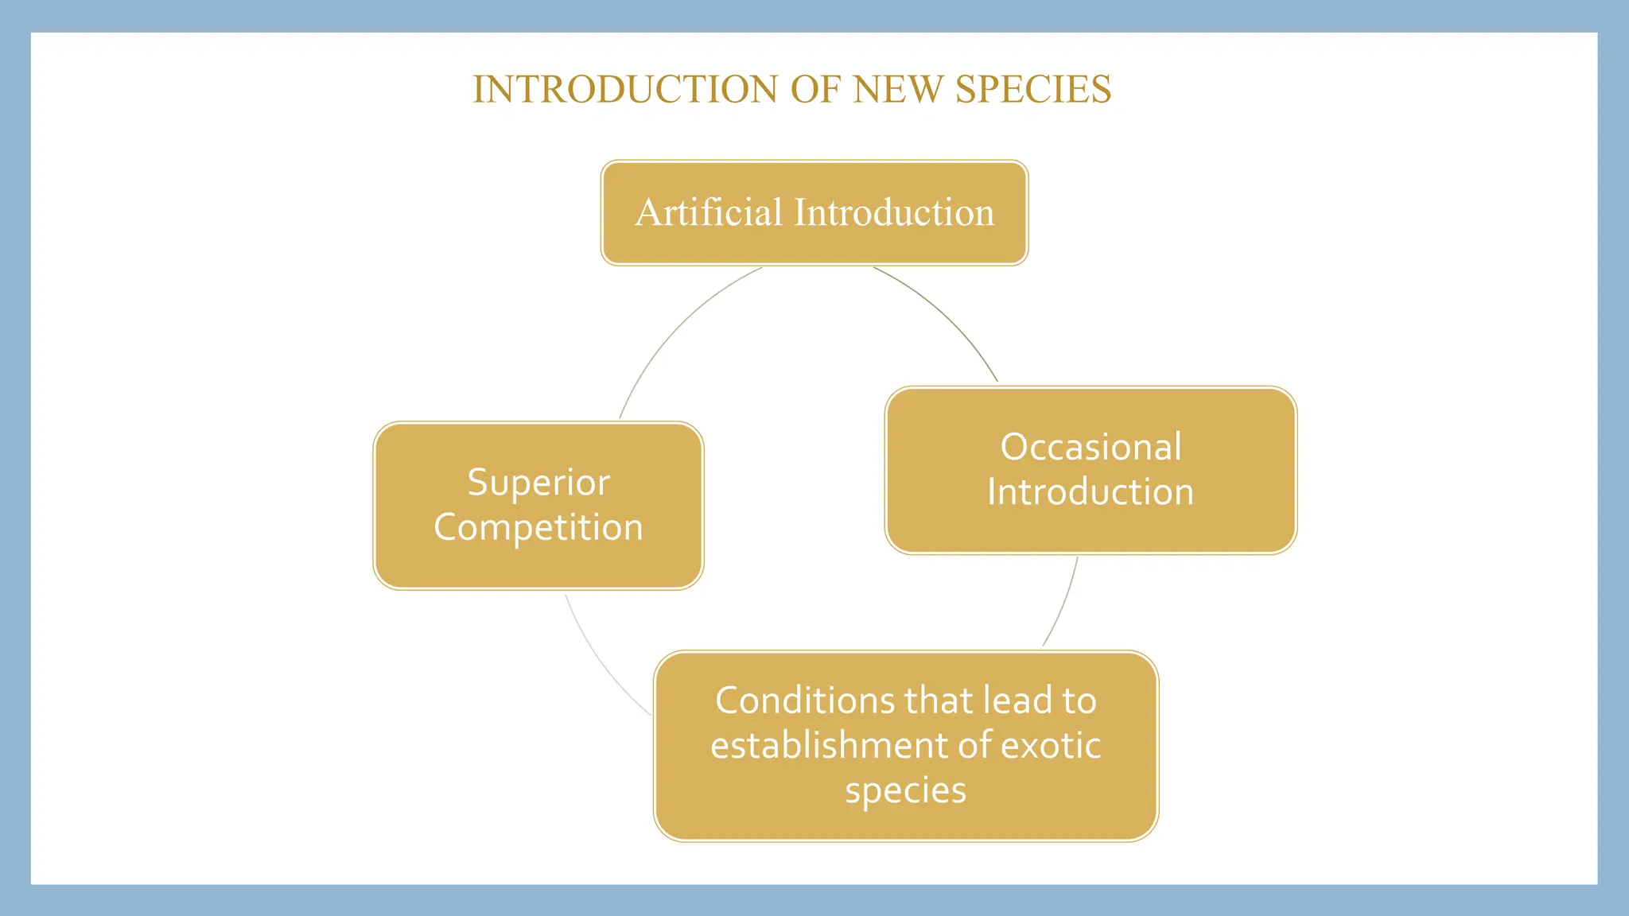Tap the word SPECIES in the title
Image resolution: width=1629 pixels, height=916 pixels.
click(1032, 89)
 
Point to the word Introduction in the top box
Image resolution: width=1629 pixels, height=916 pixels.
click(894, 212)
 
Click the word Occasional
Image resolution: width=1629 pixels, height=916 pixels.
click(1091, 447)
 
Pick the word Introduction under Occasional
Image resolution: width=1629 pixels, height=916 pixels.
click(1091, 492)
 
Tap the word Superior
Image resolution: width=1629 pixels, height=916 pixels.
click(538, 483)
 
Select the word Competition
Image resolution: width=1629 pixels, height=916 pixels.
click(538, 527)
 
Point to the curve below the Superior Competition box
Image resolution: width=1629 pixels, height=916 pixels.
click(600, 664)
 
